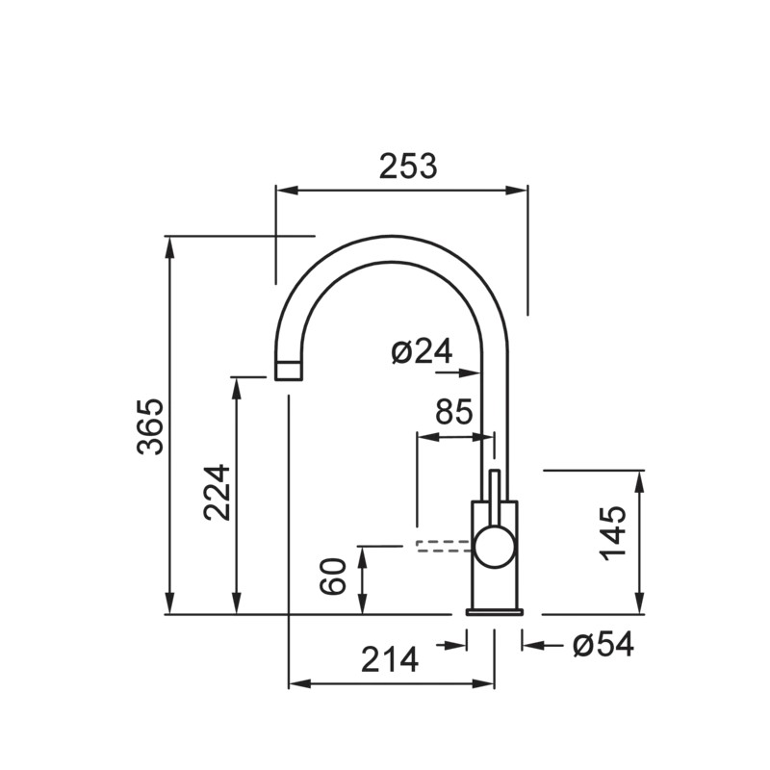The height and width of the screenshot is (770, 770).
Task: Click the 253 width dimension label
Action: pos(407,166)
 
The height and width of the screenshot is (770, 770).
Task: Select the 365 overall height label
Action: pos(150,426)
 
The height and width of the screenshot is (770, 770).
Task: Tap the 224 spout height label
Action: pos(217,492)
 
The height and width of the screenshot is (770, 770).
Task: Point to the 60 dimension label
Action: pos(333,576)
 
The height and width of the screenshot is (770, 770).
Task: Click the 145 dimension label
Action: pos(613,533)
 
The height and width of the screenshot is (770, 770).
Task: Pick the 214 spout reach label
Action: pos(390,659)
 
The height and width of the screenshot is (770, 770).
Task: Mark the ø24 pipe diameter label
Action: pos(422,351)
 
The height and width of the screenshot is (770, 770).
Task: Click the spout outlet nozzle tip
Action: pos(288,371)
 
